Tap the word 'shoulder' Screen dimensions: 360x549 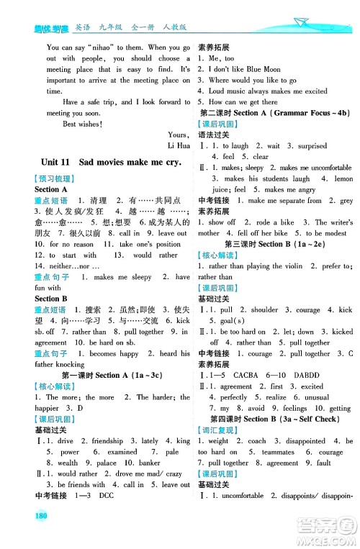264,309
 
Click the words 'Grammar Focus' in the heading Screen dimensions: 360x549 297,113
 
